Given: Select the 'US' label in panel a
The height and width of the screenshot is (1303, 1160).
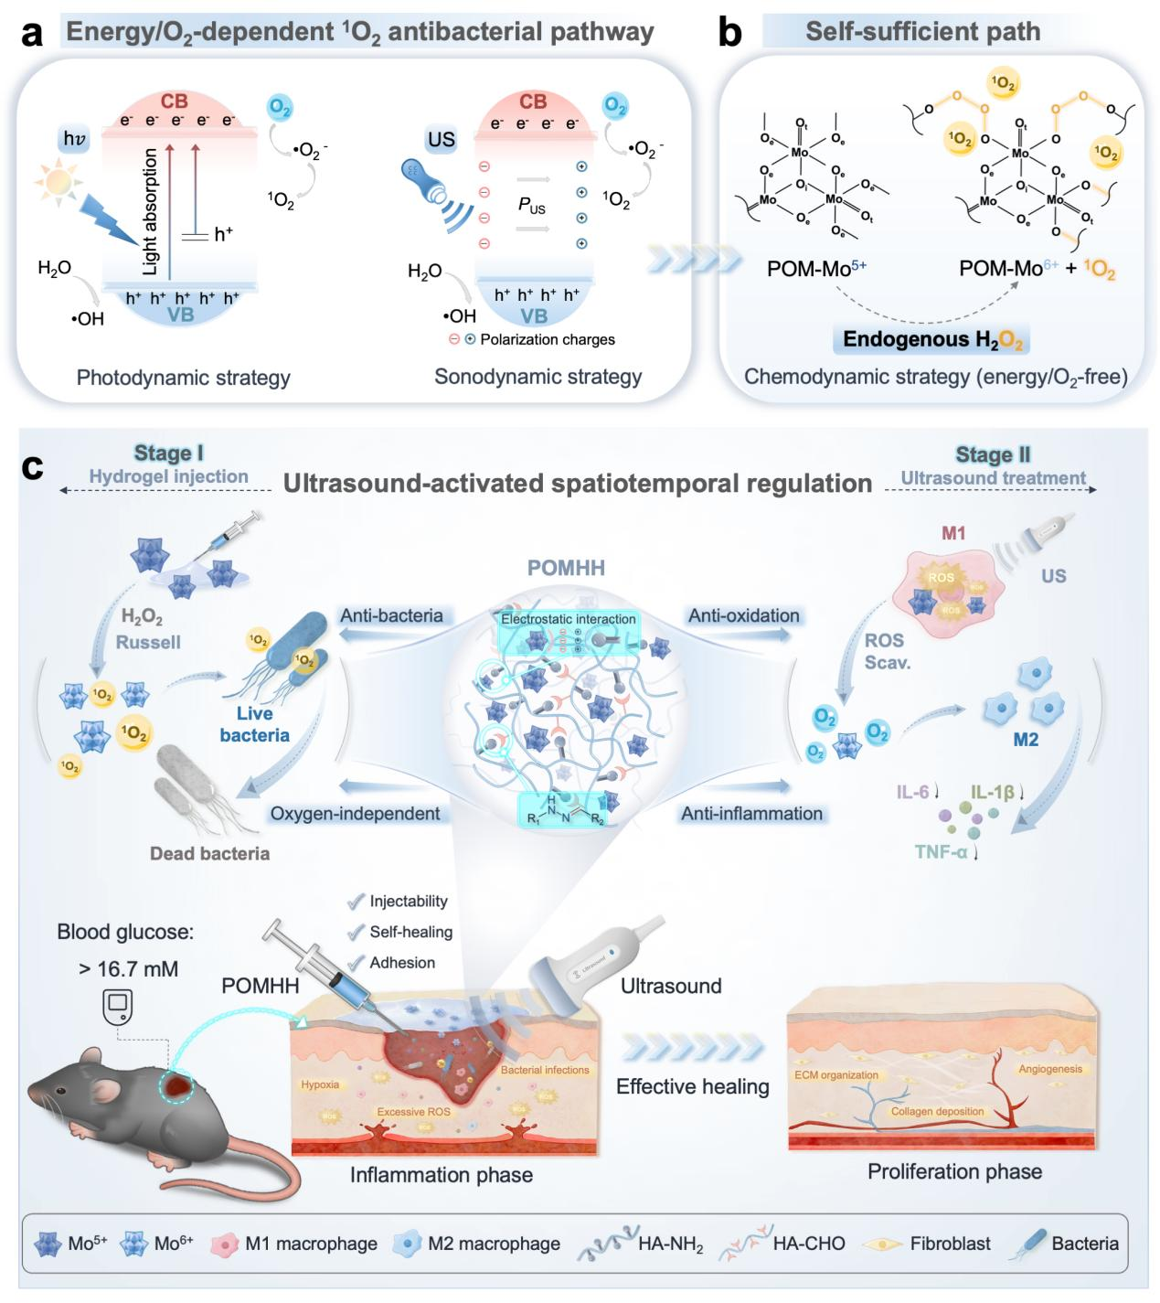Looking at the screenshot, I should click(441, 139).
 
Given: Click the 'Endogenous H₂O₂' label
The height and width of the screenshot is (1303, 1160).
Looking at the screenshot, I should click(933, 340).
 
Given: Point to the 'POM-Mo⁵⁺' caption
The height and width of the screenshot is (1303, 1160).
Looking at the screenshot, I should click(817, 269).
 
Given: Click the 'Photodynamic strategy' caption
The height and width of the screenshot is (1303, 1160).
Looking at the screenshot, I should click(184, 377).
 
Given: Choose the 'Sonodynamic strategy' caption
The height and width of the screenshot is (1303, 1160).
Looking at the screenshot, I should click(537, 377).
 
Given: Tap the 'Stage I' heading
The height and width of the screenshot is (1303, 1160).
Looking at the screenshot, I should click(169, 454).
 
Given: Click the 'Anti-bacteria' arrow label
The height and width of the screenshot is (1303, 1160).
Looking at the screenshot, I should click(391, 615).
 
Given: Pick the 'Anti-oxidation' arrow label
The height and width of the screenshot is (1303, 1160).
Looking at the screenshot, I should click(744, 615).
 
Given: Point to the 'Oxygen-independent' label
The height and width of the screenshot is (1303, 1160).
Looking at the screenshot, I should click(355, 813).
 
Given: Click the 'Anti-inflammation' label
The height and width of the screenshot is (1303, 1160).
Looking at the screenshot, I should click(751, 813).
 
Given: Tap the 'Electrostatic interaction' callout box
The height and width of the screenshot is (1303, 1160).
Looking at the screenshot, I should click(568, 619).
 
